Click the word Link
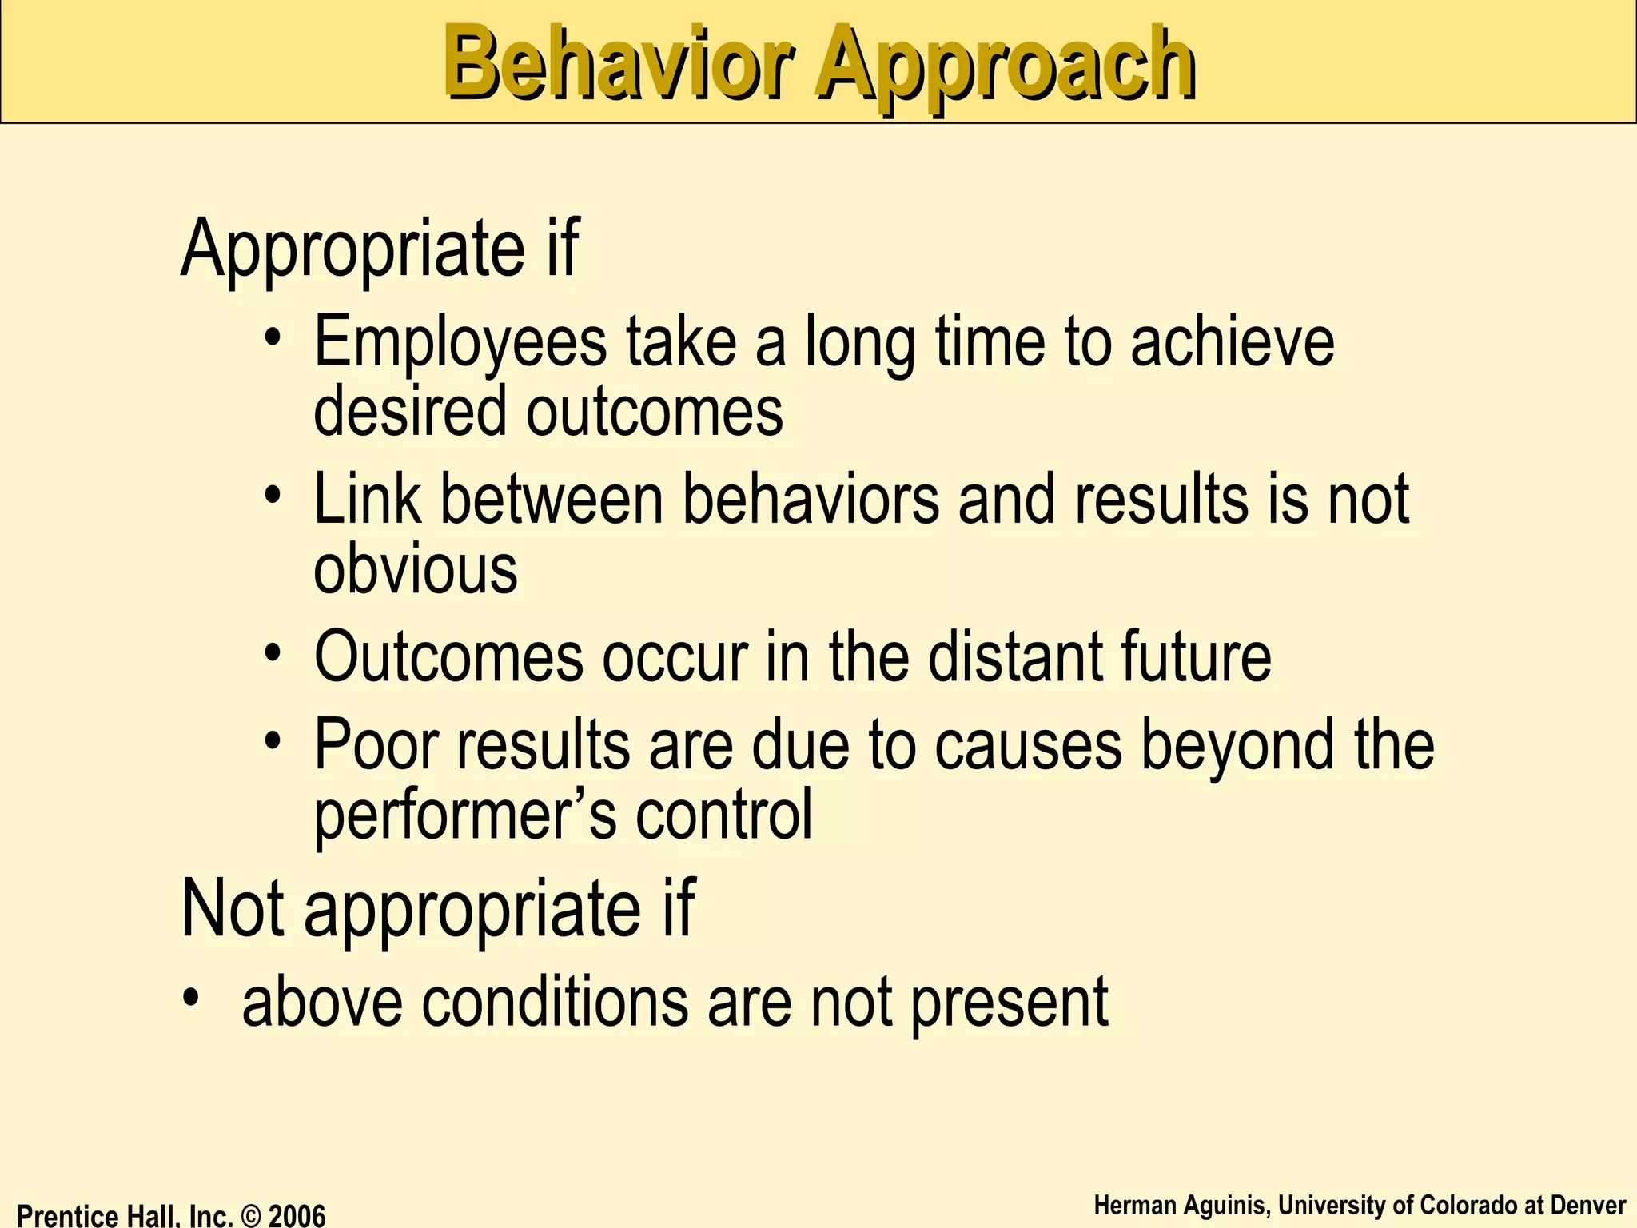click(x=367, y=500)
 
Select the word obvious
click(x=415, y=572)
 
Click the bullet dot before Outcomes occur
click(x=273, y=652)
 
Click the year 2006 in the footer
click(x=297, y=1216)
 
